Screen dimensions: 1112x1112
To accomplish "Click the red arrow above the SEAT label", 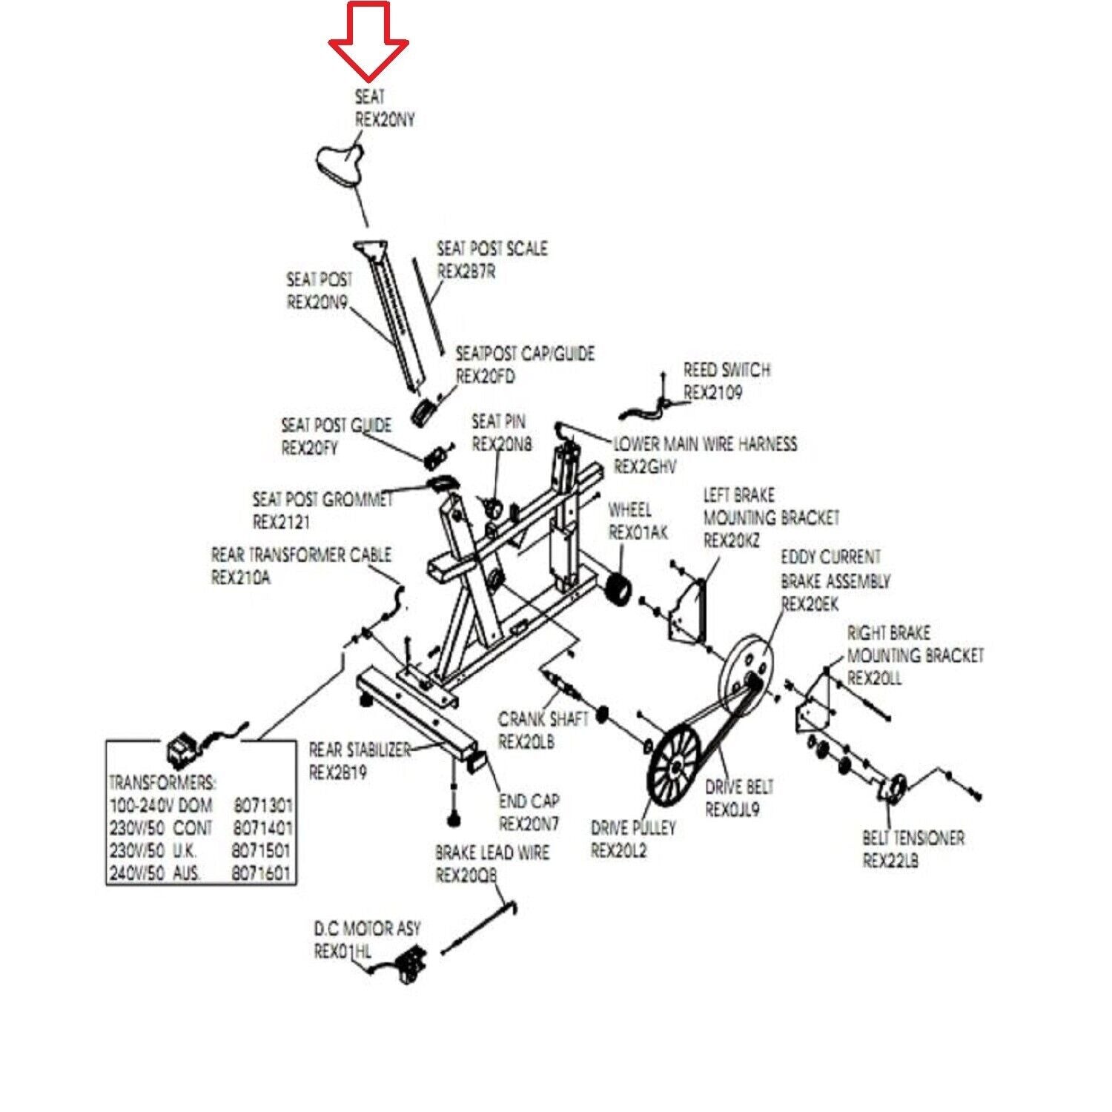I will [368, 41].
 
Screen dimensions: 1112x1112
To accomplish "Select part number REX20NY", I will [385, 119].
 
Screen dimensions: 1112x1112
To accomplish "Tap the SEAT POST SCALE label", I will [492, 248].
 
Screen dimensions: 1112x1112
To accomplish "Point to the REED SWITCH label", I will [727, 369].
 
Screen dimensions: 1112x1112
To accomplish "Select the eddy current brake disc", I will [745, 663].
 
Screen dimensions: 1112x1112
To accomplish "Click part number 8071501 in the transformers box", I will [260, 850].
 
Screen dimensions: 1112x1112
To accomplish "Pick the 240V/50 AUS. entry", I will [155, 873].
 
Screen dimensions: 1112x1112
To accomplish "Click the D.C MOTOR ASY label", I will [366, 928].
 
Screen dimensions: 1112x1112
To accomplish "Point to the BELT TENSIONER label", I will [913, 838].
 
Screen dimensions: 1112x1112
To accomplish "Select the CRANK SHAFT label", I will [543, 718].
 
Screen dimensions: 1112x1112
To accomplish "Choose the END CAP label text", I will [529, 801].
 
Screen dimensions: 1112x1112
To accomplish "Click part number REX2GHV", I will [645, 467].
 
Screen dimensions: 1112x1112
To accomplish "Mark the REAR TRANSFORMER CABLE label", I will [301, 555].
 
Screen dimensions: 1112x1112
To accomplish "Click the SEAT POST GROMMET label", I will [322, 499].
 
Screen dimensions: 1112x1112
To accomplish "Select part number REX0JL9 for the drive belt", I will [732, 810].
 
